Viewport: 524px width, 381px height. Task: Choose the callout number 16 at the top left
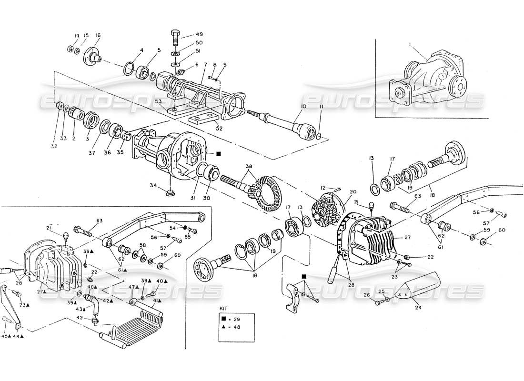tap(98, 35)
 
